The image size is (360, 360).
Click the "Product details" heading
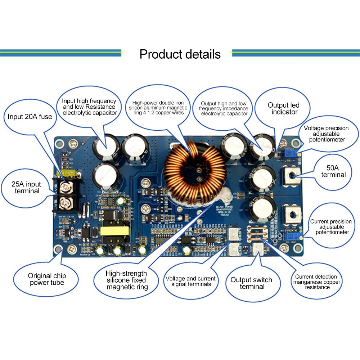tap(180, 54)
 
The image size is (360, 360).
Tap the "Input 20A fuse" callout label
tap(30, 117)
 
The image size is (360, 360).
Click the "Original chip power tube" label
tap(47, 279)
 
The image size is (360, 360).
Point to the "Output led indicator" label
tap(283, 108)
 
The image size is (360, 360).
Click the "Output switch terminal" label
tap(251, 283)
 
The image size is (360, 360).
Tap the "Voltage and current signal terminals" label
tap(190, 281)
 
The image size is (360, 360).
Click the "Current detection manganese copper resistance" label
tap(317, 282)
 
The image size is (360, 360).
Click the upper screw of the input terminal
tap(66, 186)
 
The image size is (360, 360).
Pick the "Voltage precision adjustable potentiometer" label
tap(326, 134)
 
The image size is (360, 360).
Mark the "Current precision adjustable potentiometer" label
tap(329, 227)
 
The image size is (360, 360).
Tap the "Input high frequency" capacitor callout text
tap(89, 107)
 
